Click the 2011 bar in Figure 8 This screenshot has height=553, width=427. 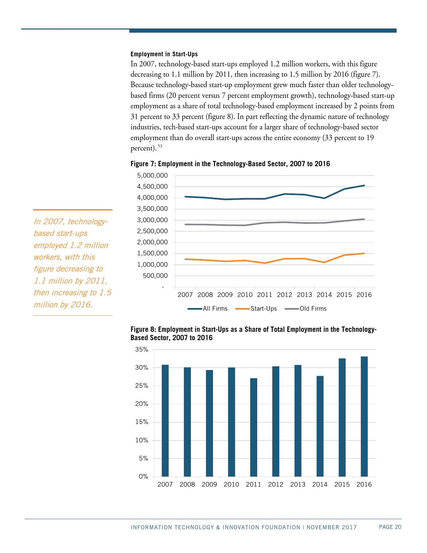[x=254, y=427]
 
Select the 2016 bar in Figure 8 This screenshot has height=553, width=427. [x=364, y=416]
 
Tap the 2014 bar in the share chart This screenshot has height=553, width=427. [x=320, y=426]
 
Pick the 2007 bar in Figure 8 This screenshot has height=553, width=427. [x=165, y=420]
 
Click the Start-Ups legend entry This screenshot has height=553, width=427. [x=257, y=309]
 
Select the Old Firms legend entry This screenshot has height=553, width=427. [x=306, y=309]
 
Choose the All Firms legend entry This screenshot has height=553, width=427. [x=208, y=309]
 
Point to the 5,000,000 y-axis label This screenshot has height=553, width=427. [x=152, y=176]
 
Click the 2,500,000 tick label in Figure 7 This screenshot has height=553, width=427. [x=152, y=231]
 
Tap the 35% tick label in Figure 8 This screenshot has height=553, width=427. [x=141, y=350]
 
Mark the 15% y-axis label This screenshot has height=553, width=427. [x=141, y=422]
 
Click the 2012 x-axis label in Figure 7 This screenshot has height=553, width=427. [x=284, y=295]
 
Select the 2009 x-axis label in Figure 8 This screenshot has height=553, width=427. [x=209, y=485]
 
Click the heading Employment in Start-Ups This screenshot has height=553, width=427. [x=164, y=54]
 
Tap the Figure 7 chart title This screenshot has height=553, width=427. [x=230, y=164]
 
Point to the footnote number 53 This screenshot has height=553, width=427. [x=160, y=146]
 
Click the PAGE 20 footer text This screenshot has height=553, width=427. [x=390, y=527]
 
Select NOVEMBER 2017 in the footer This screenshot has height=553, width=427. [x=332, y=528]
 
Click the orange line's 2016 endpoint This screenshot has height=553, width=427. [x=364, y=253]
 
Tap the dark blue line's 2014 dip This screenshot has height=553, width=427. [x=324, y=198]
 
